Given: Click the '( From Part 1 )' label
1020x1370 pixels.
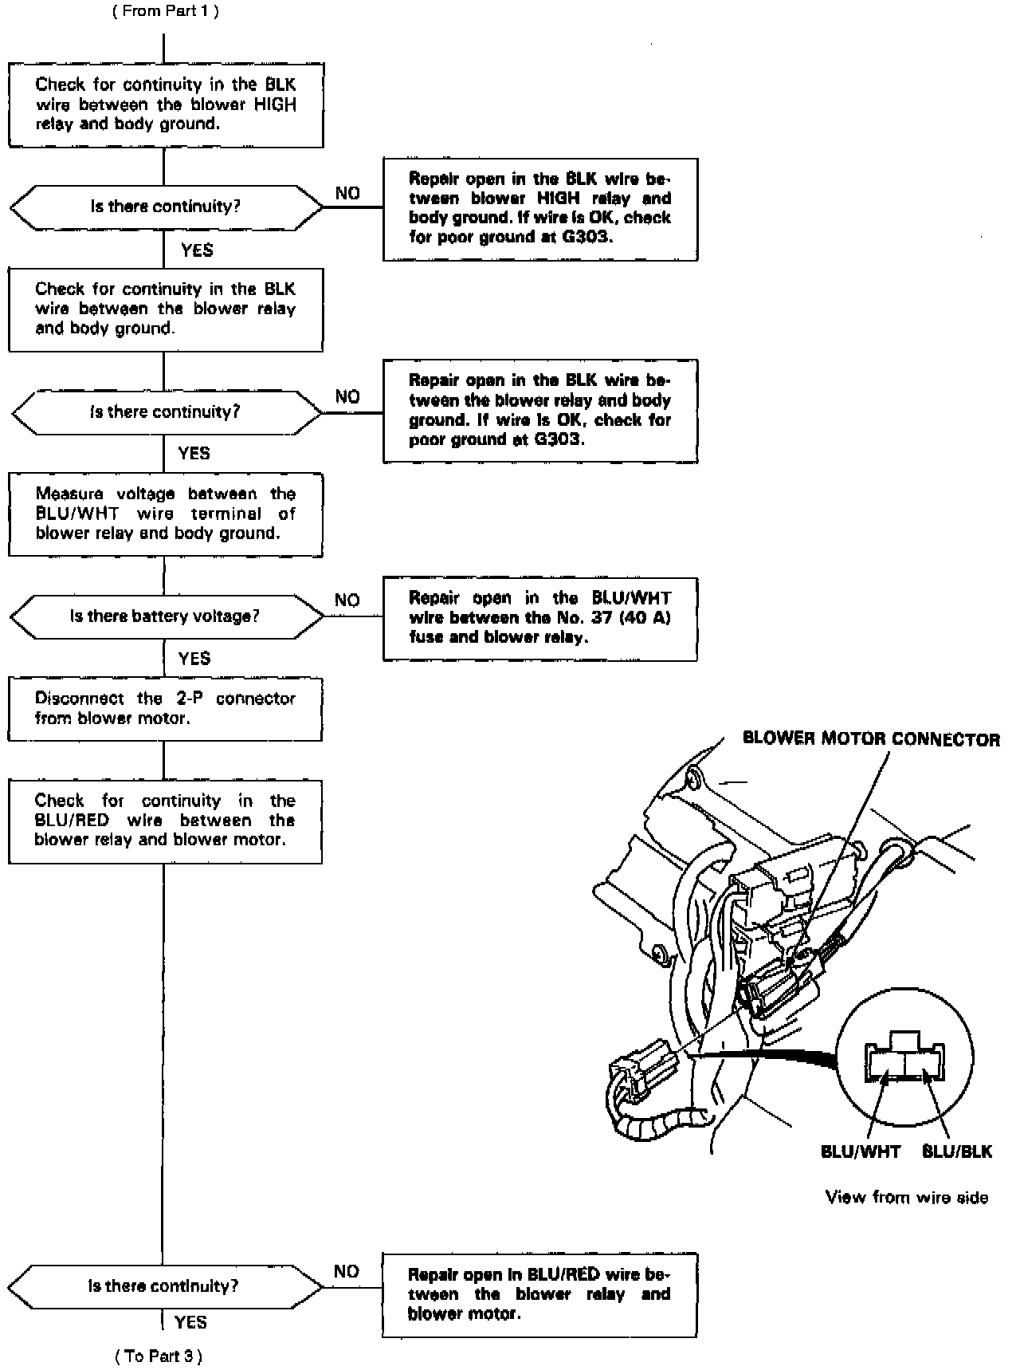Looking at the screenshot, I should (x=165, y=11).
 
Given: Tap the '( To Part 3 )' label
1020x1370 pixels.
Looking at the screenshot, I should (x=159, y=1355).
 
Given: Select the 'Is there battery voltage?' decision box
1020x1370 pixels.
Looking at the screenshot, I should (x=166, y=616).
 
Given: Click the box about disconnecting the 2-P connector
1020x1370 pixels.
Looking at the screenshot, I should (x=165, y=708).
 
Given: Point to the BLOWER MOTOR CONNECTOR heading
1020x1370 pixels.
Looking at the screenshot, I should (x=870, y=738).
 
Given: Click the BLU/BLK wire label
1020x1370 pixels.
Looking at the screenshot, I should (x=956, y=1151).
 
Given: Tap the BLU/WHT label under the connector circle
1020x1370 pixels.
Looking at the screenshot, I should (x=860, y=1151).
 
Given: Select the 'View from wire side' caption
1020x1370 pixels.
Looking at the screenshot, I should (x=906, y=1197).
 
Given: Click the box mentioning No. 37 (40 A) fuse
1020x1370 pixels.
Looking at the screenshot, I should (x=539, y=618).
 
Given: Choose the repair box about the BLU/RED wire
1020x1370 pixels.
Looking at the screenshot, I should (x=539, y=1293).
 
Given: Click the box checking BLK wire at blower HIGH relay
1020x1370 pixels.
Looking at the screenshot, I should (x=166, y=104).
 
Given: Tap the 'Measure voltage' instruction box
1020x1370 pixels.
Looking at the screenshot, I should (x=165, y=514).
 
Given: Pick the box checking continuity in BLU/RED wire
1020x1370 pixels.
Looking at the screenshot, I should (x=165, y=821).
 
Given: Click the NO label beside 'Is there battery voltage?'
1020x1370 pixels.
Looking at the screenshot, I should (x=347, y=600).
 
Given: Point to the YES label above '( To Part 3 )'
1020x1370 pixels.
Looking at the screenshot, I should (x=190, y=1321).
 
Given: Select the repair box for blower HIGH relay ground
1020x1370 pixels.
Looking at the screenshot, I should (x=539, y=208).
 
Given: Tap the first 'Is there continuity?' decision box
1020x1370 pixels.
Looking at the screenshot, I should (x=166, y=207).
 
